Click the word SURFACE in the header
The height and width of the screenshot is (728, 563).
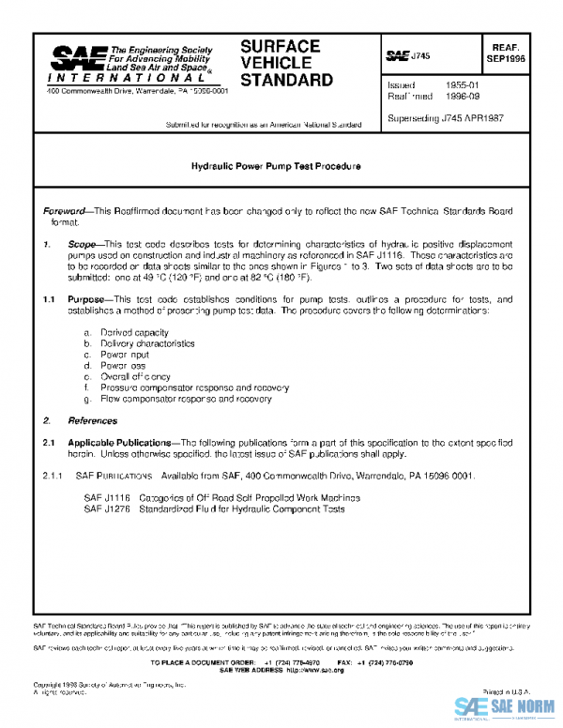[280, 47]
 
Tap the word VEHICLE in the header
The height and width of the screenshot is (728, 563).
[275, 63]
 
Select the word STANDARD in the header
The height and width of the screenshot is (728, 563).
[286, 80]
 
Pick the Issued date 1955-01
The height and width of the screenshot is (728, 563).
[447, 85]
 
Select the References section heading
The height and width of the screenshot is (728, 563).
[89, 420]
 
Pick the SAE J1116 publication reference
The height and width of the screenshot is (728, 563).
[104, 497]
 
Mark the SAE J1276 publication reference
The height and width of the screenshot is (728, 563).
[104, 508]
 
